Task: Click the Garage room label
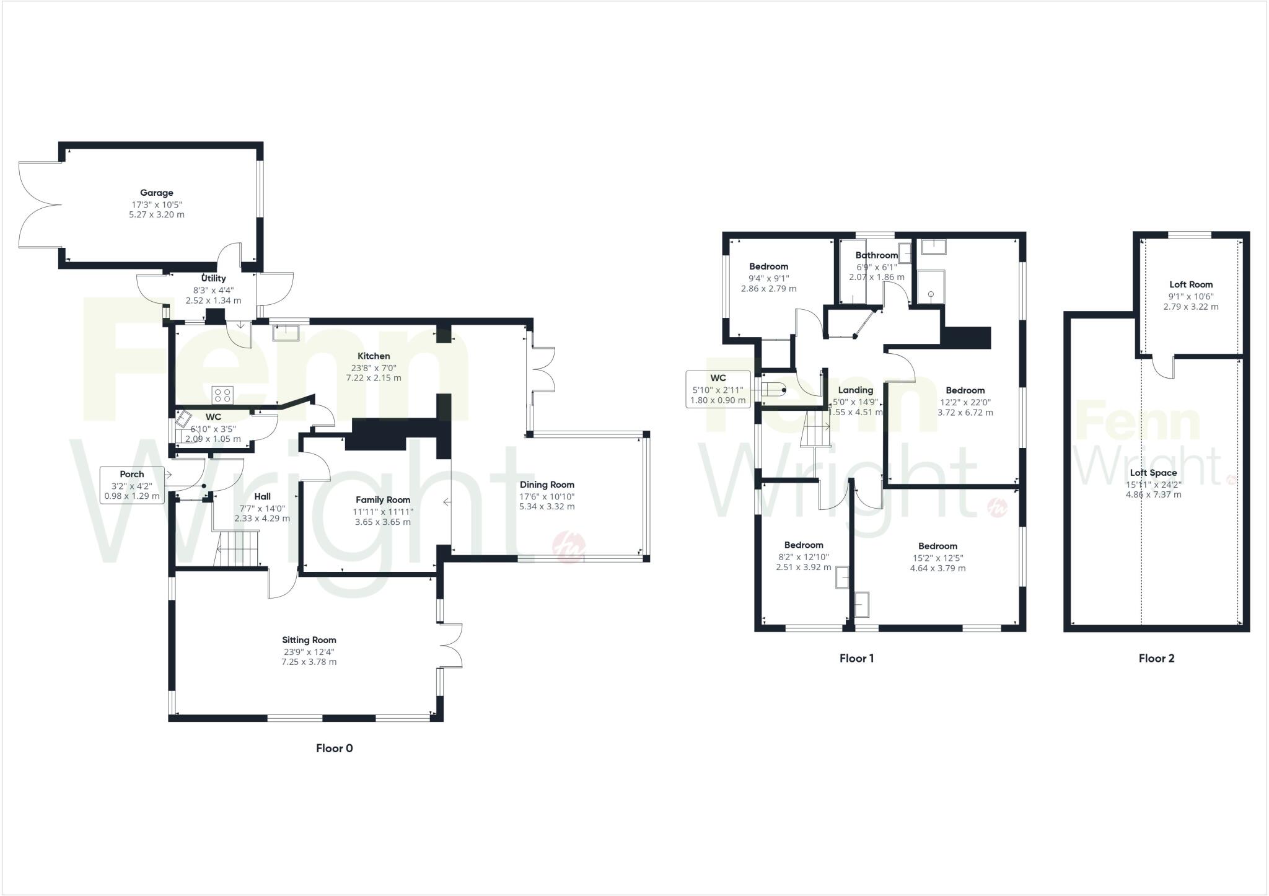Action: [x=156, y=193]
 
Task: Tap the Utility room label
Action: [x=213, y=278]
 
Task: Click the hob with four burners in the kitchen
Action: [x=222, y=395]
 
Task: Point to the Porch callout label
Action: [x=132, y=474]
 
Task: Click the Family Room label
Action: [x=383, y=500]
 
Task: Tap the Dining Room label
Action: [x=547, y=485]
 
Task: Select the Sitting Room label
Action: [x=309, y=640]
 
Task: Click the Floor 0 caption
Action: [x=334, y=748]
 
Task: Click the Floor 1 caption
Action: [x=856, y=658]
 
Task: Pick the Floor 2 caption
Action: [x=1156, y=658]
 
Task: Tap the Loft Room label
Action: [x=1191, y=285]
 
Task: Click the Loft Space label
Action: [x=1153, y=473]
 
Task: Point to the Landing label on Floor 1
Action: [x=856, y=390]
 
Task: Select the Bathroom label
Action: [x=876, y=255]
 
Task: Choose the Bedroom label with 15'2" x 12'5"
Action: [x=937, y=546]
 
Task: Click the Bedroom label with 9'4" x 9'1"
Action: [x=768, y=266]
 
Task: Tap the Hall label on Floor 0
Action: [x=262, y=496]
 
